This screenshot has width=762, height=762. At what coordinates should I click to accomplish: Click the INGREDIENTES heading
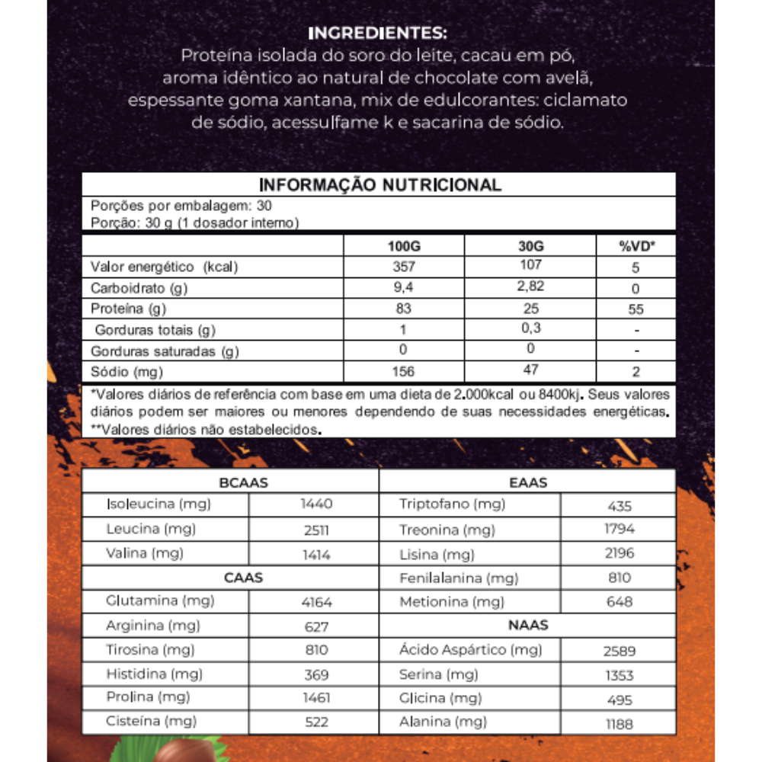(378, 34)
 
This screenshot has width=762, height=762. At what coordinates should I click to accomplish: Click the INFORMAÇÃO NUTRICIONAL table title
(380, 185)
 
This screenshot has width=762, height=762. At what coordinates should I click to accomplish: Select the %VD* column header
(636, 247)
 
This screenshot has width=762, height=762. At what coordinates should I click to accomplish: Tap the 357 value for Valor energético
(404, 267)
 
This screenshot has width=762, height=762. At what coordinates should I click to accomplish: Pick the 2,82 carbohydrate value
(530, 287)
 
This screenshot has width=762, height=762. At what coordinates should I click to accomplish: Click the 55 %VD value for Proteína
(636, 309)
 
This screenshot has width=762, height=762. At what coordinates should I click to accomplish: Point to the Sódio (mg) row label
(126, 373)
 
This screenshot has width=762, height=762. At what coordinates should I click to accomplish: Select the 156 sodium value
(404, 371)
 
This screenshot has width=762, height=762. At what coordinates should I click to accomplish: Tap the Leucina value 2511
(315, 530)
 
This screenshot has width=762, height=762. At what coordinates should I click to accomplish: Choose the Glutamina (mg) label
(160, 601)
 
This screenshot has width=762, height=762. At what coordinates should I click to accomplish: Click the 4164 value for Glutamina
(316, 603)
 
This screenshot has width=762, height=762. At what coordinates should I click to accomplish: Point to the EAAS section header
(528, 482)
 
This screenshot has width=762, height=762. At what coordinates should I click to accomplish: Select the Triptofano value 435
(620, 506)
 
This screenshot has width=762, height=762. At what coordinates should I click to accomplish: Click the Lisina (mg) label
(437, 554)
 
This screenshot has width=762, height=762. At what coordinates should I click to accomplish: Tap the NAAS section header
(528, 626)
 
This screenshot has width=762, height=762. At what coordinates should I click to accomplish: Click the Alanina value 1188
(620, 724)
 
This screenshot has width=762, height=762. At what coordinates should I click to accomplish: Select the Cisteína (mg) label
(151, 721)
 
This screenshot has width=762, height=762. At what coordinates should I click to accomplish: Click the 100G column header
(404, 247)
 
